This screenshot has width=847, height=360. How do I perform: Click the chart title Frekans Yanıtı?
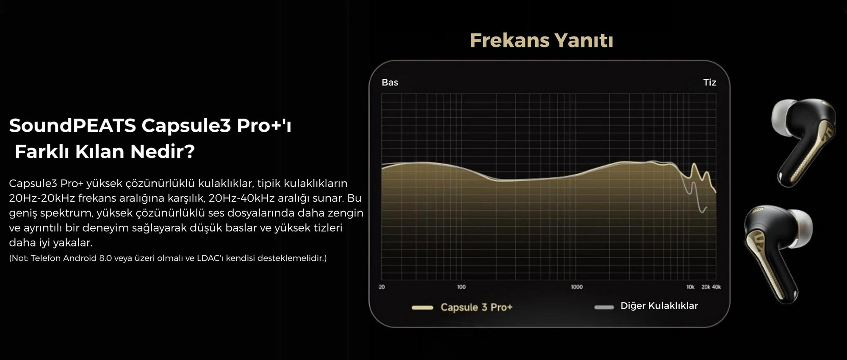tap(541, 41)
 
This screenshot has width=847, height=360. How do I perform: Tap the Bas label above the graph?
tap(390, 82)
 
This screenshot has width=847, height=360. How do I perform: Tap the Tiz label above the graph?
tap(710, 82)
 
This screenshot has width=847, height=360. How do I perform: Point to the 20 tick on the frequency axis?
tap(382, 287)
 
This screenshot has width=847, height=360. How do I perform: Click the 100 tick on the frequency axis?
tap(461, 287)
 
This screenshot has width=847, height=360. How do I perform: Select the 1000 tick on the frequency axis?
tap(577, 287)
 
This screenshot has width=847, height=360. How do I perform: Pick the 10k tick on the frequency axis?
tap(690, 287)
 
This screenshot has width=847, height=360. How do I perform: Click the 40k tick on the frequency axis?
tap(716, 287)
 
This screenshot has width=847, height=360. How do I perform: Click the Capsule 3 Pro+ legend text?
tap(476, 307)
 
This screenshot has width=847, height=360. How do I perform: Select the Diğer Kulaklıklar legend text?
tap(659, 306)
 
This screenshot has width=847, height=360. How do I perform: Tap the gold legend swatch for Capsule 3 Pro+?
tap(422, 307)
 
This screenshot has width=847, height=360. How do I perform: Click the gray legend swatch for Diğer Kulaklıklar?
tap(604, 307)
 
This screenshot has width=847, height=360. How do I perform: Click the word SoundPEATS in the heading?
tap(72, 125)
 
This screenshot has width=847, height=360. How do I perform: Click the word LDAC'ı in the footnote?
tap(210, 258)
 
